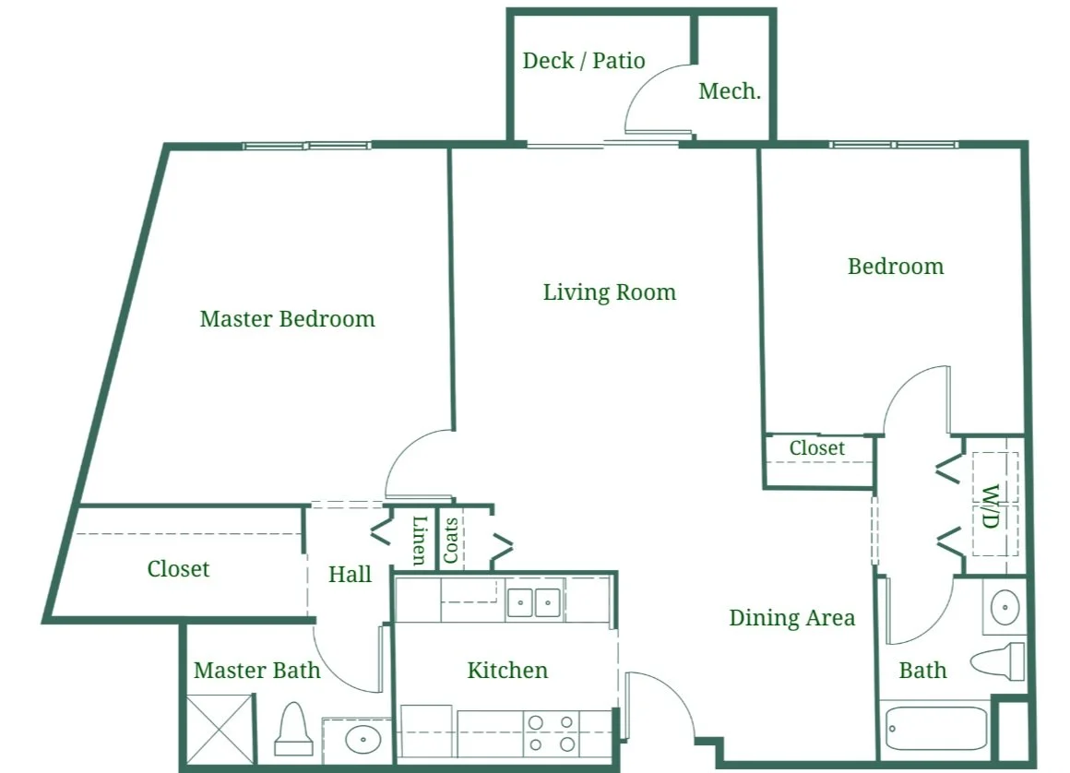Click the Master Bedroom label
(x=287, y=319)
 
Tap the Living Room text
(x=609, y=292)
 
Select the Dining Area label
(x=791, y=617)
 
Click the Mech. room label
(x=730, y=91)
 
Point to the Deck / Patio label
(x=584, y=61)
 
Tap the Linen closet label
(x=420, y=540)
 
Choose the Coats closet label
(x=451, y=540)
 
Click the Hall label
(x=351, y=574)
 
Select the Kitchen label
(x=507, y=670)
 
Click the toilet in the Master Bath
(x=292, y=731)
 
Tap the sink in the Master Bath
(x=362, y=739)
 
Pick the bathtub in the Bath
(x=934, y=730)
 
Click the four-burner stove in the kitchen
(x=551, y=732)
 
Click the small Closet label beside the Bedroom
(x=816, y=448)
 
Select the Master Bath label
(x=257, y=671)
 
